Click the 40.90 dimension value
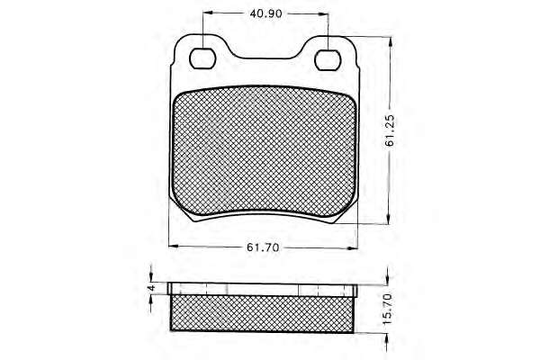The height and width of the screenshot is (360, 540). click(x=265, y=13)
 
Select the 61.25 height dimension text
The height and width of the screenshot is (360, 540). click(x=391, y=130)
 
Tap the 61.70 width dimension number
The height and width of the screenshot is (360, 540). click(x=263, y=247)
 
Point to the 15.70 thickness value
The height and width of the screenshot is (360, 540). click(x=388, y=309)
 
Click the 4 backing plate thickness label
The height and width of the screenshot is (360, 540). click(x=151, y=288)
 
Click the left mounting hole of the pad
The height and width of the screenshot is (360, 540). click(x=202, y=58)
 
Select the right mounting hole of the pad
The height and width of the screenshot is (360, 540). click(x=328, y=60)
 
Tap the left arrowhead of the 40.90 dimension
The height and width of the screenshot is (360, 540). click(x=208, y=13)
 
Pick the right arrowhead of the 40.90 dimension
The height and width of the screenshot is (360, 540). click(x=323, y=14)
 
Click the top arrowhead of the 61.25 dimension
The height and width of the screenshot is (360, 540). click(x=390, y=42)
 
